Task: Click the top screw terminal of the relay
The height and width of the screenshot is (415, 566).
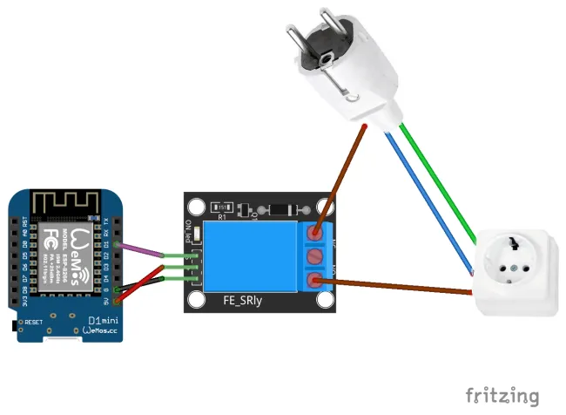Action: click(316, 232)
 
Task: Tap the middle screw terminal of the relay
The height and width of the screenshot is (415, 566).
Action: click(316, 256)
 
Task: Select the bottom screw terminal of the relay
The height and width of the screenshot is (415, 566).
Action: click(316, 280)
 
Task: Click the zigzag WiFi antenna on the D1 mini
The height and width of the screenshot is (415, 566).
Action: click(64, 203)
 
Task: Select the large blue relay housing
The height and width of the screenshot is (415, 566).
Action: click(252, 256)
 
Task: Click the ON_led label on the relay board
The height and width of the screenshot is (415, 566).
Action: click(190, 232)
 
